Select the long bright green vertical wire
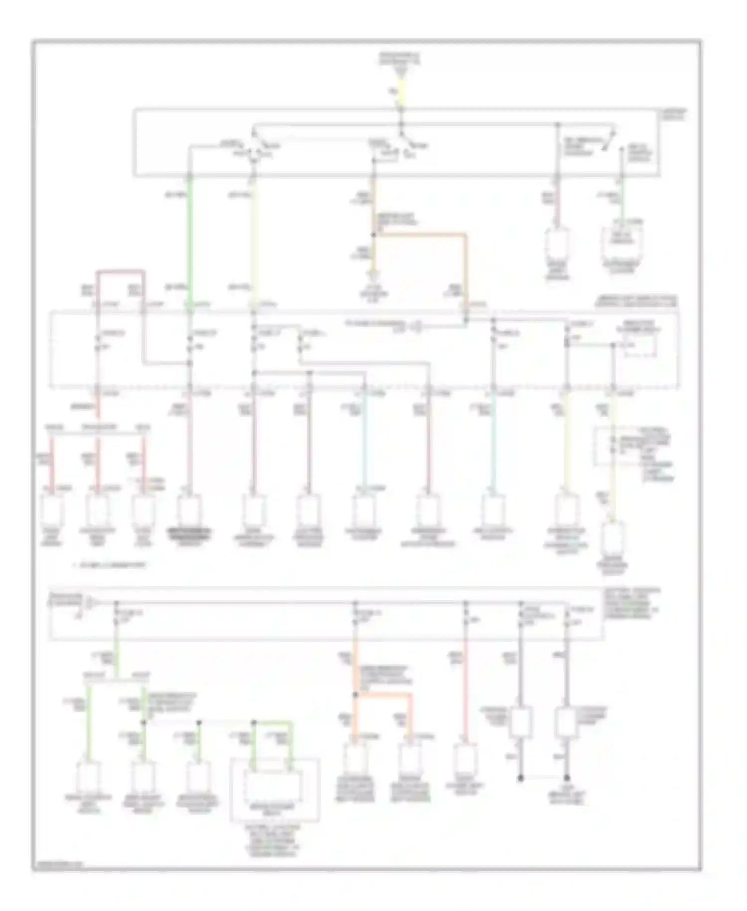190,239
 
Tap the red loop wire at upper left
121,272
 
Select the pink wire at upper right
557,204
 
